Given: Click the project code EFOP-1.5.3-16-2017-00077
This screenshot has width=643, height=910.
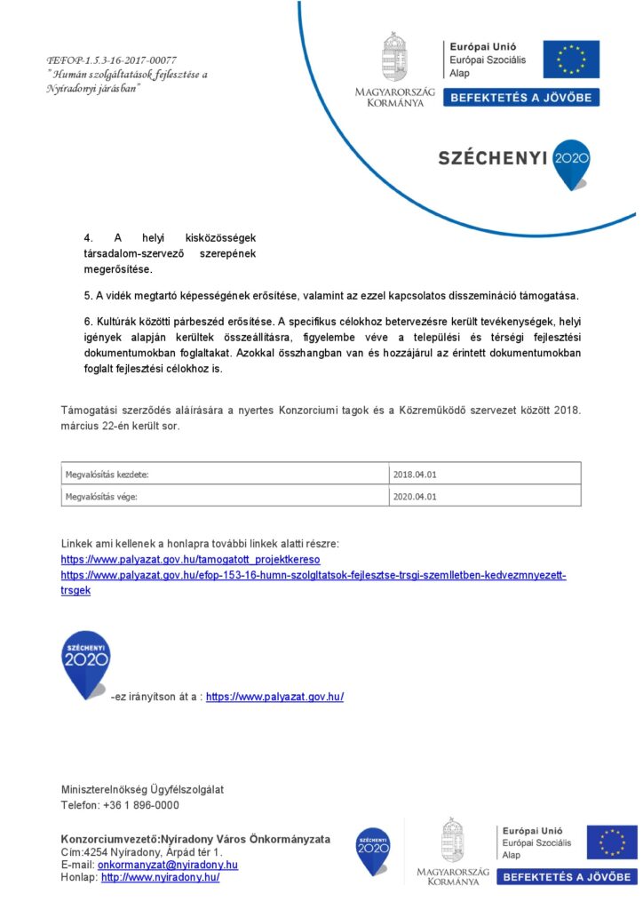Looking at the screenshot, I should tap(111, 60).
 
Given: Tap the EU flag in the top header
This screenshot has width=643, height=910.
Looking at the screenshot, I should tap(571, 59).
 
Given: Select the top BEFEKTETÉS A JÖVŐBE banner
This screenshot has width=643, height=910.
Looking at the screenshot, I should tap(521, 98).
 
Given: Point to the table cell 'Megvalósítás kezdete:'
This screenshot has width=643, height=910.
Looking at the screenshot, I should tap(226, 474).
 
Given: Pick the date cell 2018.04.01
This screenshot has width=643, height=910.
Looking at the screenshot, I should tap(485, 474).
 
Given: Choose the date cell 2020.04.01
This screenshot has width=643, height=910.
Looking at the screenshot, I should tap(485, 496).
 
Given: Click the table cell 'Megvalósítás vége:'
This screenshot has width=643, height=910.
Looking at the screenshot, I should tap(226, 496).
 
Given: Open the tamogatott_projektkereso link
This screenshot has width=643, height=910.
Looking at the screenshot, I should tap(190, 560).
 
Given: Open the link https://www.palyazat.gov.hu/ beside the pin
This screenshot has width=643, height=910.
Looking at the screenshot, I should tap(274, 697).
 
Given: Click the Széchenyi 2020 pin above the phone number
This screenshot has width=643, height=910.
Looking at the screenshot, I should tap(85, 663).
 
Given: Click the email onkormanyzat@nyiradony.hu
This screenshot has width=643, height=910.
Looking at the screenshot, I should tap(168, 865).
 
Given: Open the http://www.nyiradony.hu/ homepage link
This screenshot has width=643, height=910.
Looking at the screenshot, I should tap(160, 877).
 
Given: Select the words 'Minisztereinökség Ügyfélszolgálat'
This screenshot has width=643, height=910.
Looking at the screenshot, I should tap(142, 789).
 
